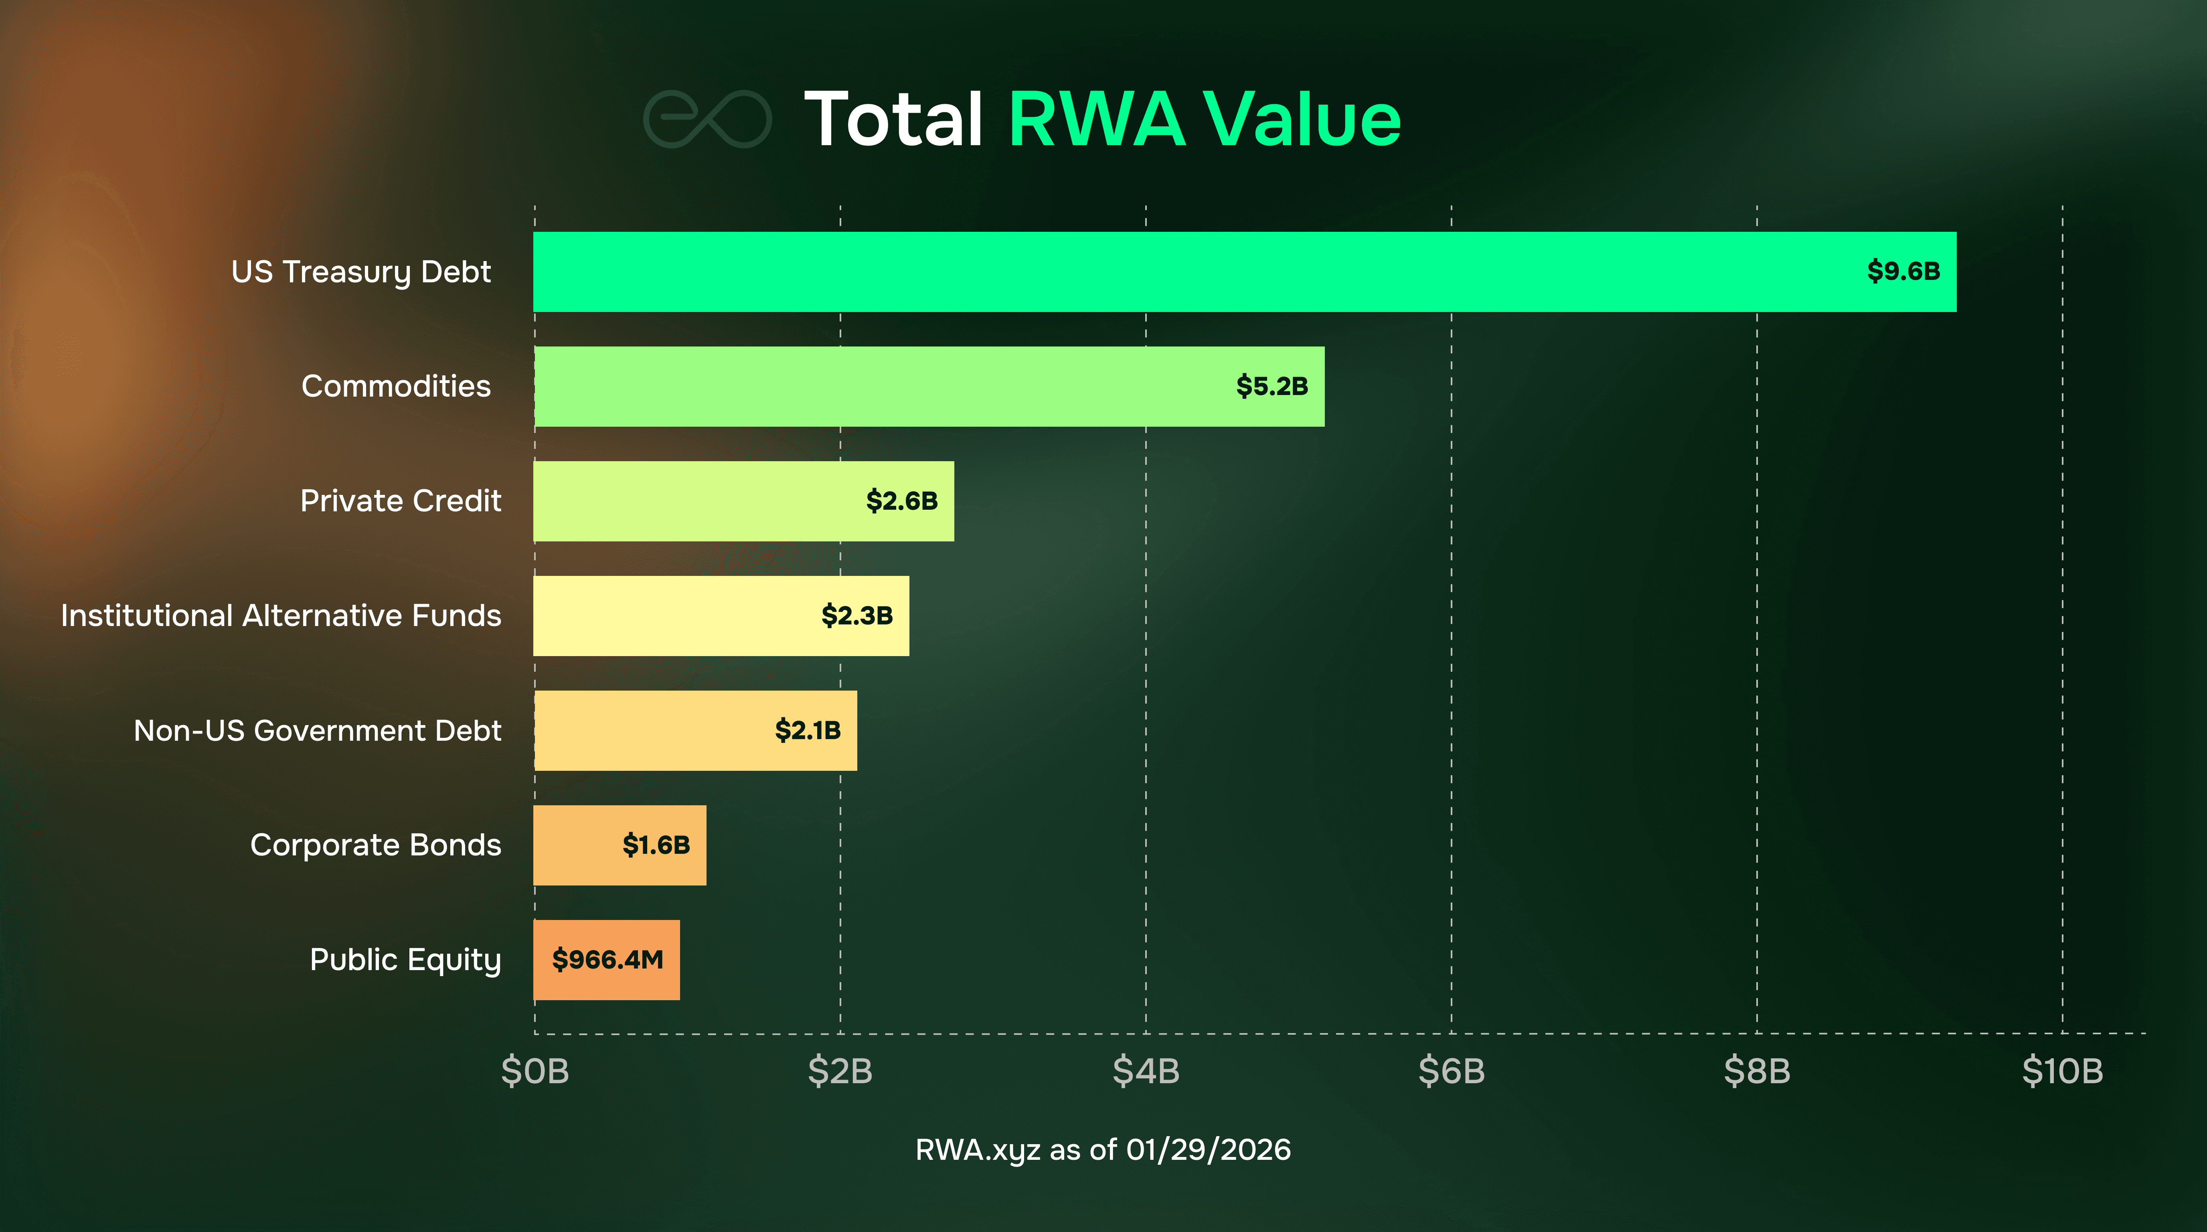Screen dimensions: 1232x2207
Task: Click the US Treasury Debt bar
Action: point(1199,272)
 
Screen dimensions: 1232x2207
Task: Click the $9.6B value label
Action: point(1903,272)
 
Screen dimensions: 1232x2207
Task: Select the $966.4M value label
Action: point(607,960)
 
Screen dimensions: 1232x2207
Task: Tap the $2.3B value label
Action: point(857,615)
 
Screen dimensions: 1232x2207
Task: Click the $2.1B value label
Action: point(807,730)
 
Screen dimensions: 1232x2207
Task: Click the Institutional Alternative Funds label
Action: point(281,615)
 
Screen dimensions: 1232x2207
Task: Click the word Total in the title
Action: point(893,120)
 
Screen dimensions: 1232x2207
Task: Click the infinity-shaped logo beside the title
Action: point(707,120)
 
